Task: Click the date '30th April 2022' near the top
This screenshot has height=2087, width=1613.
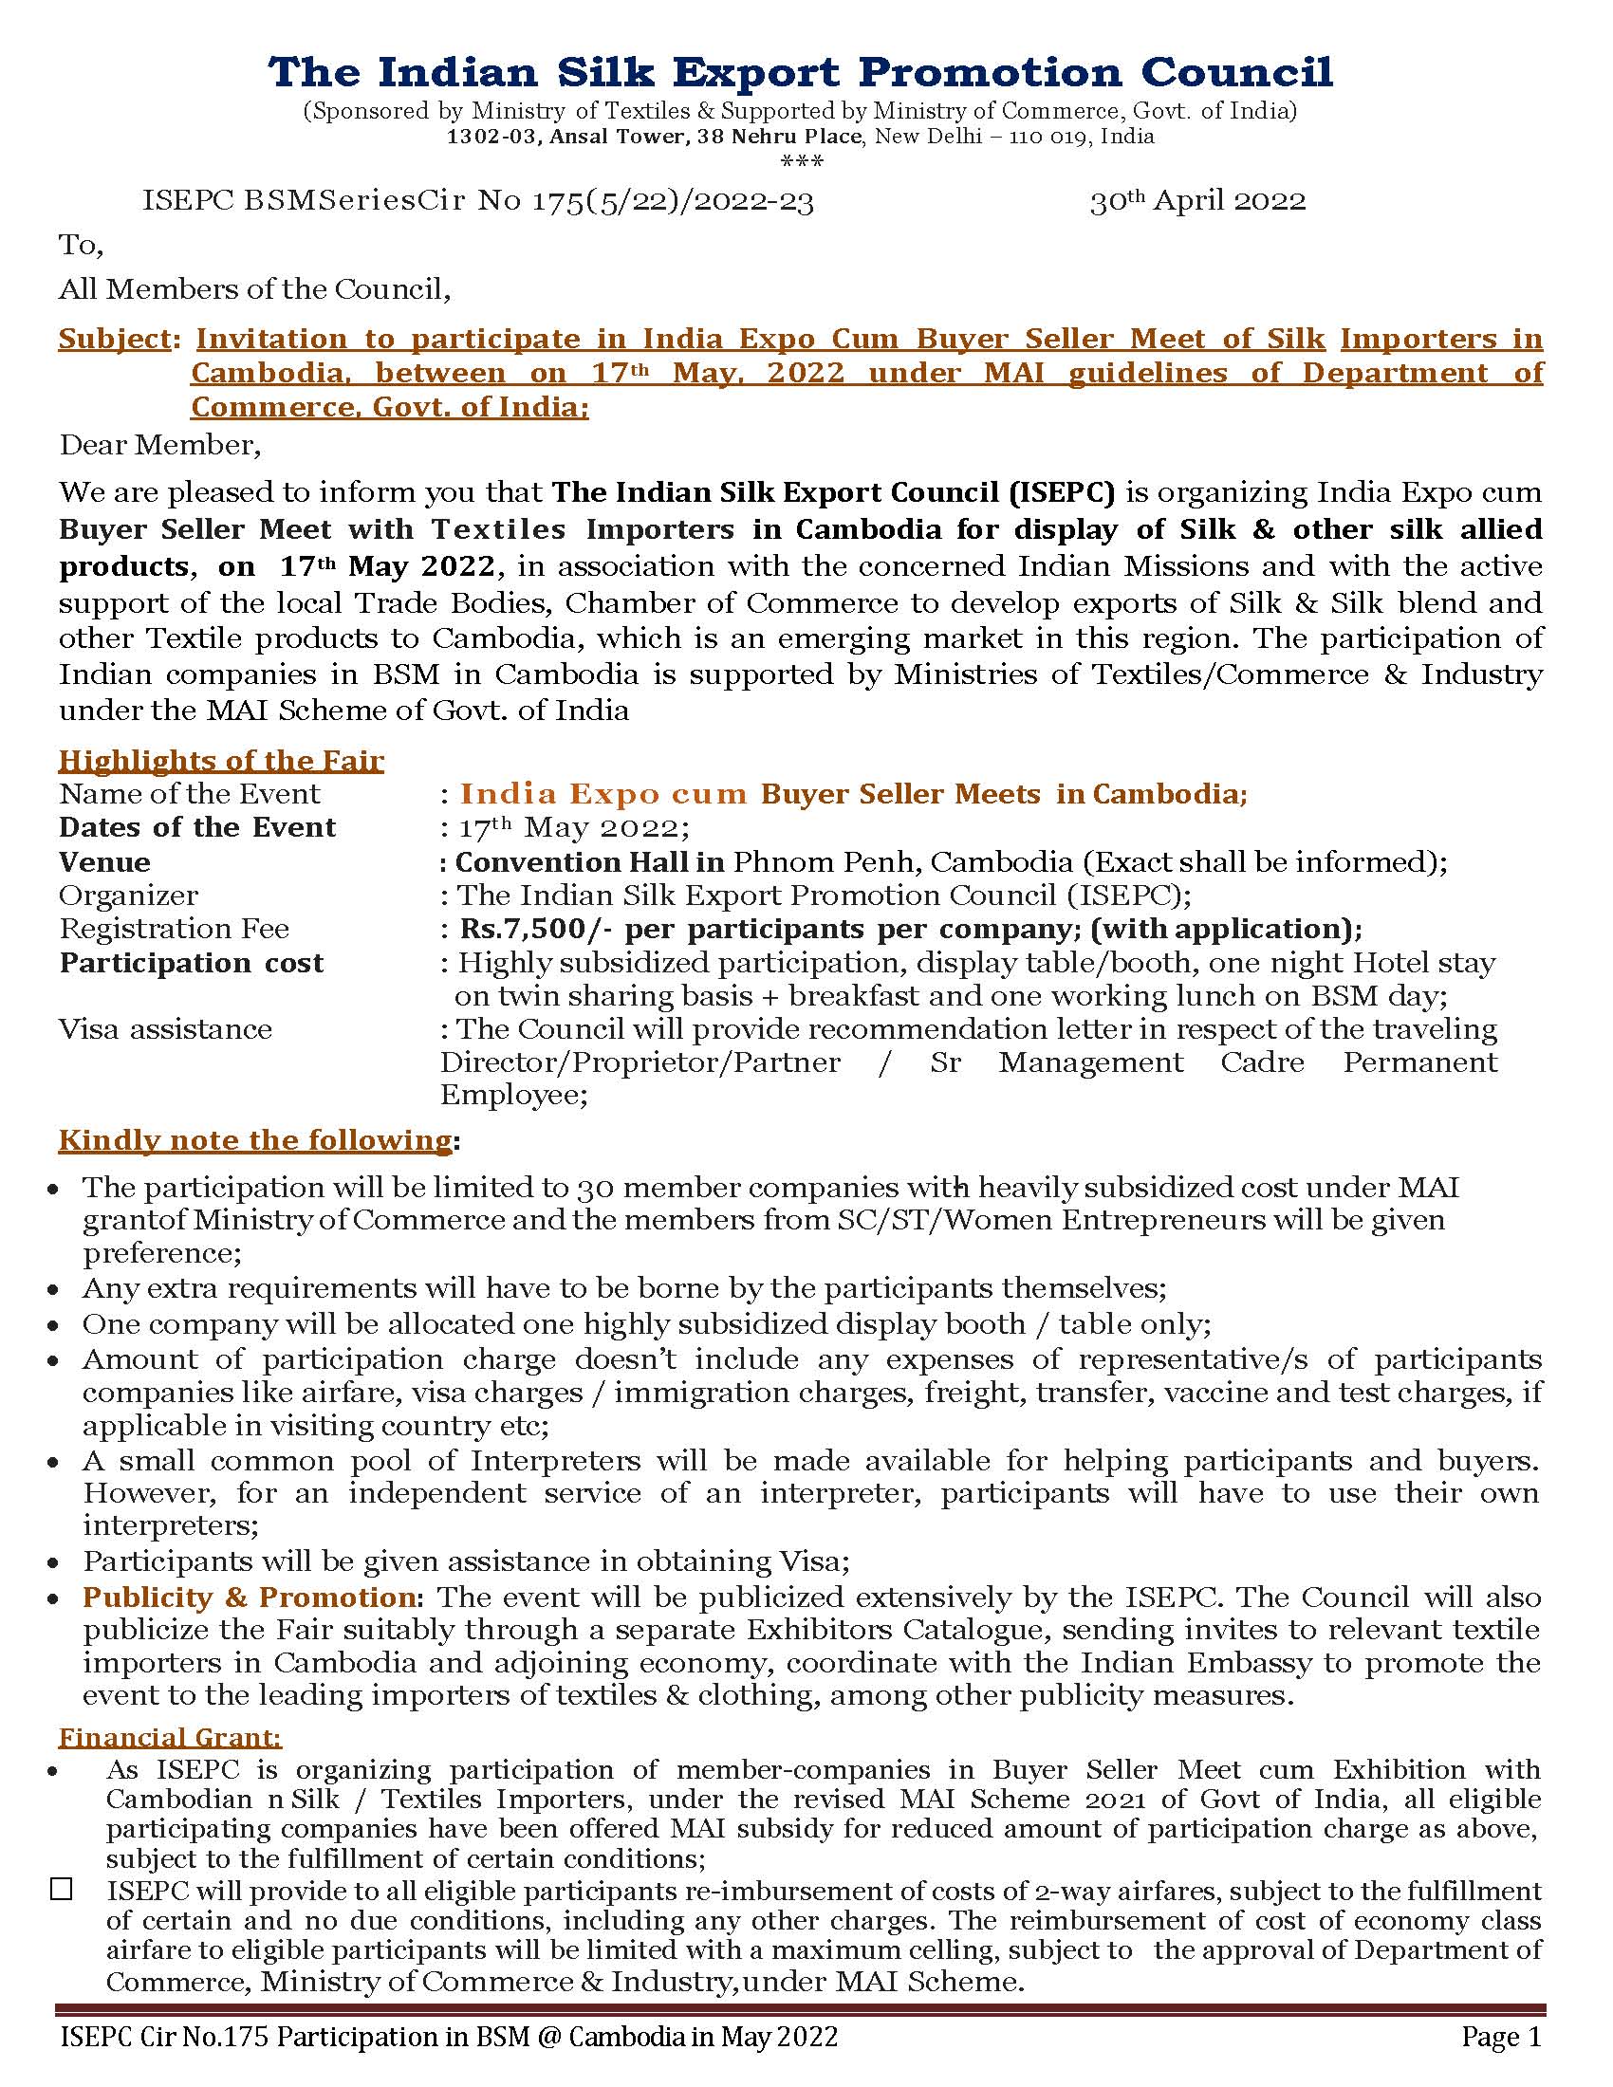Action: pyautogui.click(x=1197, y=201)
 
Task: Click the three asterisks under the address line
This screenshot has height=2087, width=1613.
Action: pyautogui.click(x=802, y=160)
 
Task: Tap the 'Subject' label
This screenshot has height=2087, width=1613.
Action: pyautogui.click(x=116, y=340)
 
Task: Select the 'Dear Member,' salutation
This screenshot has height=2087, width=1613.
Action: pyautogui.click(x=159, y=444)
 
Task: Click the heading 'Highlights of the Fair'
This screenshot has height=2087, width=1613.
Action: pyautogui.click(x=221, y=761)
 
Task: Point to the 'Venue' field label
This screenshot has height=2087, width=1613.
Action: pyautogui.click(x=104, y=862)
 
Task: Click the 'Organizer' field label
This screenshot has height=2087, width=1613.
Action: pyautogui.click(x=128, y=896)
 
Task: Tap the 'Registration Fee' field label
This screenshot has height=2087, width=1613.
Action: pyautogui.click(x=174, y=929)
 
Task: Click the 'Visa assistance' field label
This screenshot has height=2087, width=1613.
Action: pyautogui.click(x=165, y=1029)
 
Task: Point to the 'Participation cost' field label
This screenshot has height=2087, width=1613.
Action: pyautogui.click(x=191, y=963)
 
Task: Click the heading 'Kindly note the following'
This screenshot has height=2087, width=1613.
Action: pyautogui.click(x=254, y=1140)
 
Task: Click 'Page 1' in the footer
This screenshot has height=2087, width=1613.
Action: pyautogui.click(x=1501, y=2038)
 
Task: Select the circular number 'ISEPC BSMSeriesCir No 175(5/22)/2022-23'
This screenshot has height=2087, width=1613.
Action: pyautogui.click(x=478, y=201)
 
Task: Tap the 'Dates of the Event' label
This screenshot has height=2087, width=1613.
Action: pyautogui.click(x=196, y=827)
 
